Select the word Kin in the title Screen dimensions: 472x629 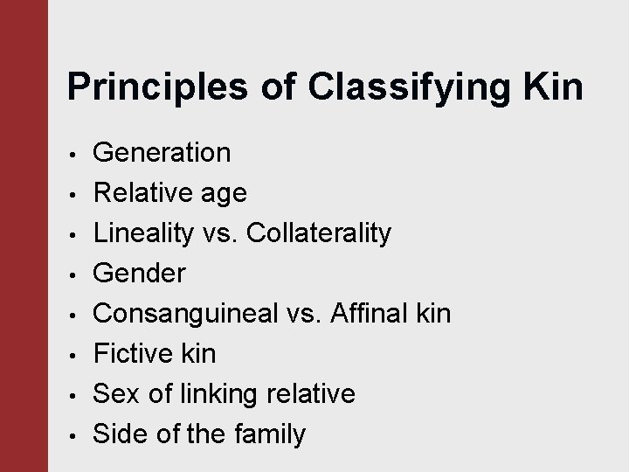(x=552, y=89)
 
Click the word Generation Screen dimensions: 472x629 (x=162, y=153)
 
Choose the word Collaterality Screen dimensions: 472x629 (x=319, y=233)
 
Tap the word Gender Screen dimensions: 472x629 (x=139, y=274)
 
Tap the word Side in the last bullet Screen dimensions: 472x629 (x=120, y=434)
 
